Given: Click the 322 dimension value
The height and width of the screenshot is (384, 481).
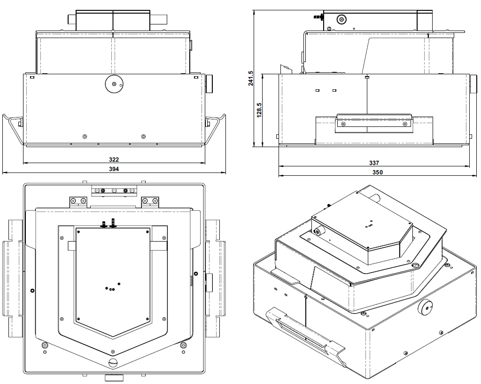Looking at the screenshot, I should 114,160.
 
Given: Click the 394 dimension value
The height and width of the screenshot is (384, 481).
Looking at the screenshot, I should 114,169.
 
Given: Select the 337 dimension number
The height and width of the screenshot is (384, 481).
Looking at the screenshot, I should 374,163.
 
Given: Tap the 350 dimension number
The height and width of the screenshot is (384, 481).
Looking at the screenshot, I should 378,172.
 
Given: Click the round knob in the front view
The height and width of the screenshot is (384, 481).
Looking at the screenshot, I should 113,83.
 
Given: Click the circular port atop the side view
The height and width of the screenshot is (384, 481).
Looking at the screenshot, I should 341,19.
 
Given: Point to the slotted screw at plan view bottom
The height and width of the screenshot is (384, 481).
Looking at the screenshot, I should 113,363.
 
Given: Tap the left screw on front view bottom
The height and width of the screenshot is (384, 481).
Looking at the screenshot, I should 85,136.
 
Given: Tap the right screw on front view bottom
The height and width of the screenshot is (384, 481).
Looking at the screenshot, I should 143,136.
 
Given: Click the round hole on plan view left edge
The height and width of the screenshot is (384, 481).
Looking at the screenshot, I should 32,290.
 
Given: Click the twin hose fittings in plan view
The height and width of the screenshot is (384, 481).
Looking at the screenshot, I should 108,223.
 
